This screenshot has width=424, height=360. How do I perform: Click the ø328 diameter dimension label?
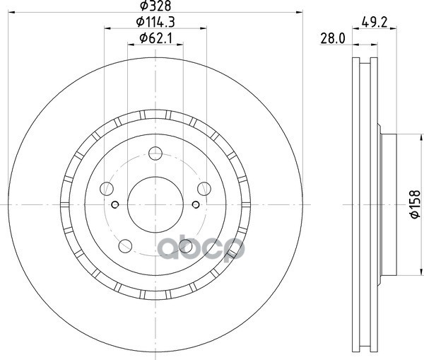(x=155, y=6)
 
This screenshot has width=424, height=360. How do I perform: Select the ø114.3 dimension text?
(x=155, y=22)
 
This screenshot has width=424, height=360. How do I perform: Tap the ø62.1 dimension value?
(x=155, y=38)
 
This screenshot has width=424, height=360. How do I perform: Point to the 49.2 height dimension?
(x=375, y=22)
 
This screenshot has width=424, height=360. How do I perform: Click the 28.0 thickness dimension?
(x=333, y=38)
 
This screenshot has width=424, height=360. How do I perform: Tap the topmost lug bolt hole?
(x=155, y=153)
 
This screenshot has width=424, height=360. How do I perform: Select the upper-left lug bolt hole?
(x=107, y=189)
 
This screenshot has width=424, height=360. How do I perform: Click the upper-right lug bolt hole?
(x=204, y=189)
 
